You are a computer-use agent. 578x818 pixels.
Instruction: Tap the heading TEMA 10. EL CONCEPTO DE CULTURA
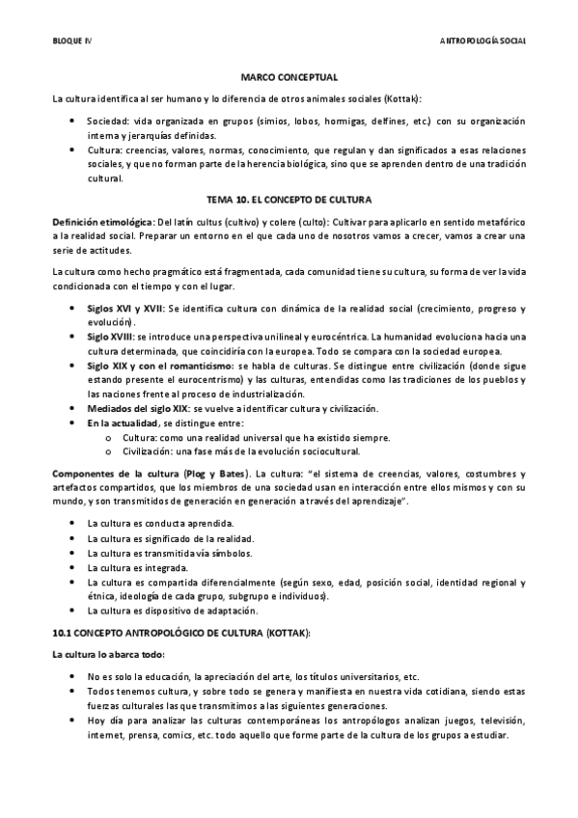click(289, 196)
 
